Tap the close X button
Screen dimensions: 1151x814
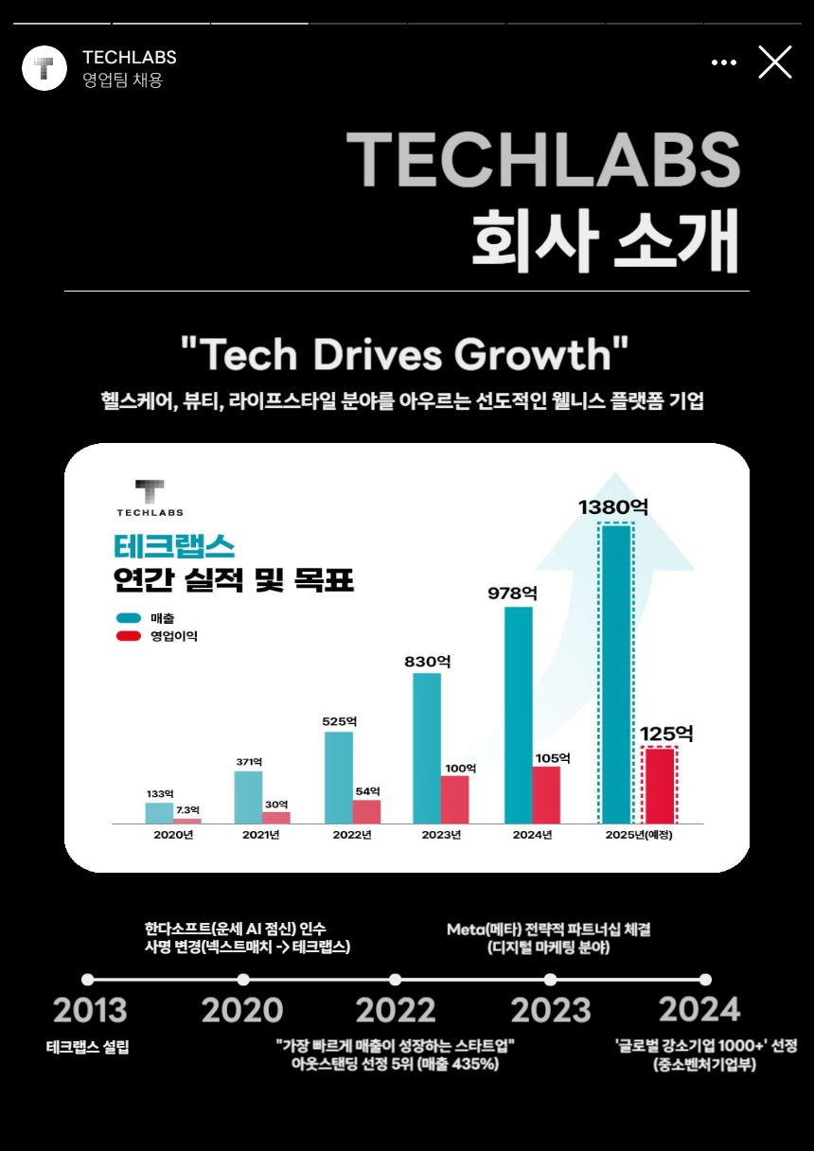click(774, 62)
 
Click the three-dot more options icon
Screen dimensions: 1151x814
click(723, 62)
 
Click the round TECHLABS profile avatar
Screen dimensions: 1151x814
click(44, 68)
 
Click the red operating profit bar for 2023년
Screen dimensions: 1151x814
click(454, 800)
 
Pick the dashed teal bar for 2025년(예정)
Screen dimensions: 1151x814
click(616, 673)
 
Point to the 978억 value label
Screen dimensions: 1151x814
click(512, 593)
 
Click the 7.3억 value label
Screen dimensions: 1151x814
click(188, 810)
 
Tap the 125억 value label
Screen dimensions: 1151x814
click(666, 734)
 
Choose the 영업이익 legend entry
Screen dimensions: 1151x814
click(157, 636)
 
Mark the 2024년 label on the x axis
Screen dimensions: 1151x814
click(532, 835)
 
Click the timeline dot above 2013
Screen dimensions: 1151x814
click(88, 980)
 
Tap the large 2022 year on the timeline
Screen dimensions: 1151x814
click(396, 1010)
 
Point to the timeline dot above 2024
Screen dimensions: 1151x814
click(705, 980)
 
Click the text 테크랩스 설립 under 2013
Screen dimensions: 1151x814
click(88, 1048)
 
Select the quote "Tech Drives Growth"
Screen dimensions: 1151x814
click(404, 355)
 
